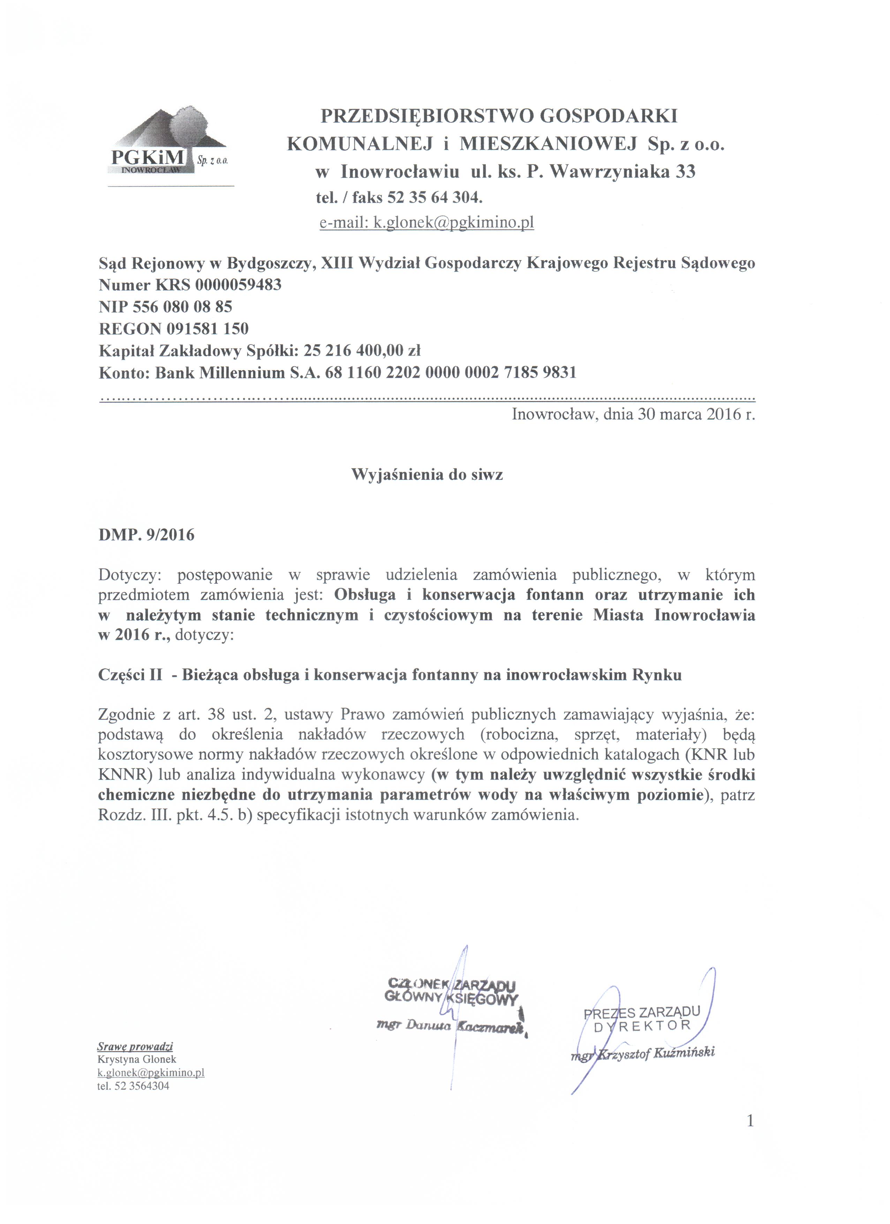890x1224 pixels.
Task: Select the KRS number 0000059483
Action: tap(238, 285)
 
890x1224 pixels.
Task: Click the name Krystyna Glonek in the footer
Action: tap(137, 1059)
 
